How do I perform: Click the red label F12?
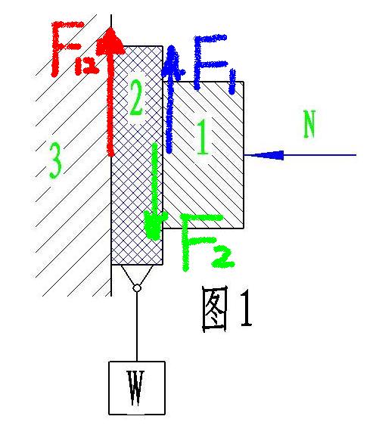coord(74,48)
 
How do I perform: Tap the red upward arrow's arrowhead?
coord(110,42)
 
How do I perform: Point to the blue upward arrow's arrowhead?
coord(173,61)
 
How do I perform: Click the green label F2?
coord(207,241)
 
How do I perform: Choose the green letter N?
coord(309,124)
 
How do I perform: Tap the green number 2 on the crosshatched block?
coord(136,98)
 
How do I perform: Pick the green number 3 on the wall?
coord(55,160)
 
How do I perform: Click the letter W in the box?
coord(136,388)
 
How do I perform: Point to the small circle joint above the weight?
coord(137,288)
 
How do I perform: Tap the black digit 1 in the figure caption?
coord(246,308)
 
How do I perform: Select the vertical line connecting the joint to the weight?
coord(137,327)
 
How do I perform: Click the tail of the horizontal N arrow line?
coord(356,155)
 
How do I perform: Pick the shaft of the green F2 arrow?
coord(154,179)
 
